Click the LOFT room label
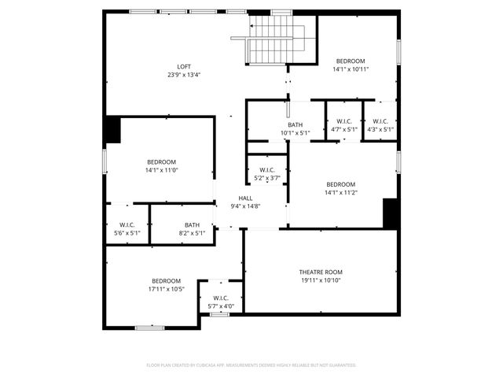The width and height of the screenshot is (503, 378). coord(184,66)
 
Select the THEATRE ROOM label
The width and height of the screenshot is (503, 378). coord(321,272)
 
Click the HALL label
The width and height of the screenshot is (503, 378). coord(246,198)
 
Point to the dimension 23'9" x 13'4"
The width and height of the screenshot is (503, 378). coord(184,75)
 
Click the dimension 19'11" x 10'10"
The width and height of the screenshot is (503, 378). coord(321,280)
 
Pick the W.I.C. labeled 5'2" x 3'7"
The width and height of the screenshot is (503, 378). coord(266,174)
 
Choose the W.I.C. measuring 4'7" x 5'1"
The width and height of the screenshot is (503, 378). coord(344,125)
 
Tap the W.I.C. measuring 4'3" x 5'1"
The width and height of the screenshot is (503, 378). coord(380,125)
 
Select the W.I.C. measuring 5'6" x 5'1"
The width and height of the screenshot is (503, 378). coord(127,229)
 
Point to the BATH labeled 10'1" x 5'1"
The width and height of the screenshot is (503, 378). coord(296,129)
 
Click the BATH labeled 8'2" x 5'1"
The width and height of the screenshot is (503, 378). coord(193,229)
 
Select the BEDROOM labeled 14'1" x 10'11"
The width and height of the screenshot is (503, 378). coord(351,65)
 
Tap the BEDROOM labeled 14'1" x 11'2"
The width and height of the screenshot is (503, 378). coord(341,188)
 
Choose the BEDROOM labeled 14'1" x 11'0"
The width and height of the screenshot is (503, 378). coord(161,166)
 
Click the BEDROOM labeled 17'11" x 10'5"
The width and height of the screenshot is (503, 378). coord(167,285)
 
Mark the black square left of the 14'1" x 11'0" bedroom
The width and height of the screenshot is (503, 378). coord(113,130)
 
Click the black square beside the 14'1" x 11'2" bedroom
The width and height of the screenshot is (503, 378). coord(390,213)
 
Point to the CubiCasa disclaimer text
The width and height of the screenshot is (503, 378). coord(251,365)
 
